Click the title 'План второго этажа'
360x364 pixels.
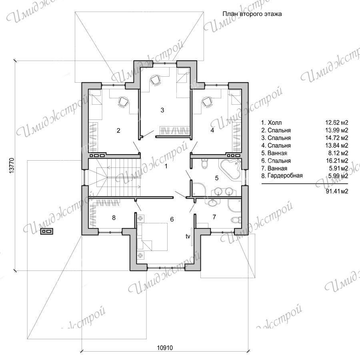click(x=252, y=14)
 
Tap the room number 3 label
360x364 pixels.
click(x=162, y=110)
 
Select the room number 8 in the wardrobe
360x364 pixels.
click(x=114, y=217)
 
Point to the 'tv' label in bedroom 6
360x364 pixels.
click(x=188, y=236)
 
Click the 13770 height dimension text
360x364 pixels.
click(x=12, y=165)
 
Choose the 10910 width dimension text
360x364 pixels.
click(x=165, y=348)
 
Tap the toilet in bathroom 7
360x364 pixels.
click(x=236, y=220)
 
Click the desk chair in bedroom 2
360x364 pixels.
click(x=123, y=102)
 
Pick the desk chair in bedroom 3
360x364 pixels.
click(x=155, y=80)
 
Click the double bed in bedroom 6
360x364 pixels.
click(x=152, y=237)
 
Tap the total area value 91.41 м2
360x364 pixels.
click(x=336, y=191)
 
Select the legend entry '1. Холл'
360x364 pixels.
click(x=272, y=123)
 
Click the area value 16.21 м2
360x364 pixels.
click(x=336, y=161)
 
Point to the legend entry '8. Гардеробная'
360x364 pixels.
click(x=282, y=176)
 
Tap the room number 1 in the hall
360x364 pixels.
click(x=166, y=166)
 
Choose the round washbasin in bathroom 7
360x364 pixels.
click(x=212, y=203)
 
